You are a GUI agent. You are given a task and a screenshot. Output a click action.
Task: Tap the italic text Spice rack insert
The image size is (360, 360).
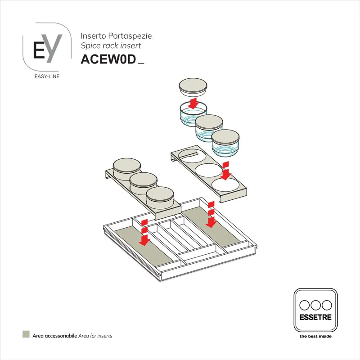pyautogui.click(x=111, y=45)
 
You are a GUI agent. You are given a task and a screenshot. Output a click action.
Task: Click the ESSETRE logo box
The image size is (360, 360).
pyautogui.click(x=315, y=310)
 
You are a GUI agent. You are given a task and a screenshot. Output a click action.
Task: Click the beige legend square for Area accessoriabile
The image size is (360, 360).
pyautogui.click(x=26, y=335)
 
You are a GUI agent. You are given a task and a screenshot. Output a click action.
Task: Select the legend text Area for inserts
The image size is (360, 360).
pyautogui.click(x=95, y=336)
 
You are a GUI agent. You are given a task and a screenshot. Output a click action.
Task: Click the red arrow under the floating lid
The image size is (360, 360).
pyautogui.click(x=193, y=103)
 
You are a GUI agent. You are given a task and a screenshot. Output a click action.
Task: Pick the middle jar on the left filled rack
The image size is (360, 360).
pyautogui.click(x=143, y=183)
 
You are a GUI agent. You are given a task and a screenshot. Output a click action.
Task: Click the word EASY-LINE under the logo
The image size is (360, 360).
pyautogui.click(x=47, y=76)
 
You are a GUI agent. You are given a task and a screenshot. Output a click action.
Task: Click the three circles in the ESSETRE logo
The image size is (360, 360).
pyautogui.click(x=315, y=304)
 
